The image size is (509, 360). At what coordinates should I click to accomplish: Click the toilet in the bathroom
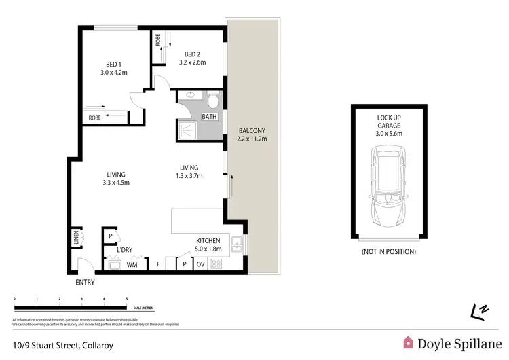[212, 102]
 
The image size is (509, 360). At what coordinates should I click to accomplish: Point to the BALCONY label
[252, 130]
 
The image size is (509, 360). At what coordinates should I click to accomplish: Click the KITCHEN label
[208, 240]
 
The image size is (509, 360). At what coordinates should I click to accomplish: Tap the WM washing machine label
[132, 265]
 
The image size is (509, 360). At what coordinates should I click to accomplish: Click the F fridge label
[158, 265]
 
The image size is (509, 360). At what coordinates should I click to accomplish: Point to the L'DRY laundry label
[124, 250]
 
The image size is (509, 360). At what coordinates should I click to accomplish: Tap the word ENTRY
[85, 282]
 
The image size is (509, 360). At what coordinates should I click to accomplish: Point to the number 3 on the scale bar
[81, 299]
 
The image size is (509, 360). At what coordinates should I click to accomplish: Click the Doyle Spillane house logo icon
[409, 343]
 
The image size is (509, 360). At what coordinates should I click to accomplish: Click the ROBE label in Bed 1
[94, 118]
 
